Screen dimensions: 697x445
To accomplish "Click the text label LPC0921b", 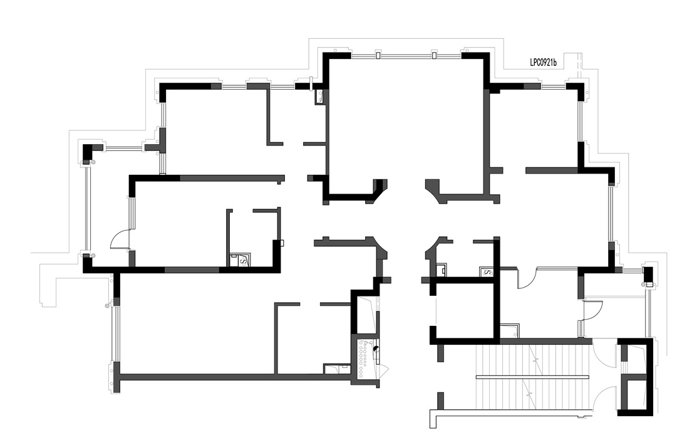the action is tap(543, 63).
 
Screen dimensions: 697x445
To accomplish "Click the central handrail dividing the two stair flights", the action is tap(532, 377).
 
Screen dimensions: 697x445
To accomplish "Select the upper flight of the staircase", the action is tap(532, 360).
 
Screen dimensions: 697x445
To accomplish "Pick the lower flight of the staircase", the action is tap(532, 398).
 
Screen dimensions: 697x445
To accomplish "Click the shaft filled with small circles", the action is tap(365, 359).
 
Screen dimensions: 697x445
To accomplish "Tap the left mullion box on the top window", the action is tap(378, 55).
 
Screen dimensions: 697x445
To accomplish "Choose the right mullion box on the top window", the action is tap(434, 55).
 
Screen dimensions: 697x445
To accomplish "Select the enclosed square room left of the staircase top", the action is tap(465, 311).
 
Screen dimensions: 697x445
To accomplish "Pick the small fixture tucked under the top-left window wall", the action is tap(320, 96).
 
